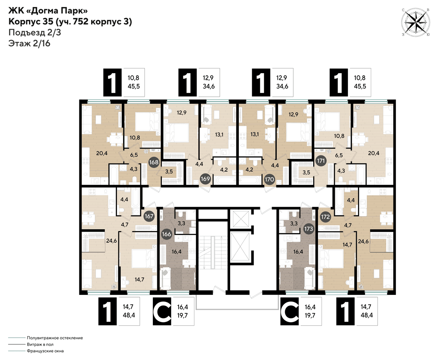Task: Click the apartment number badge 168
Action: pyautogui.click(x=154, y=162)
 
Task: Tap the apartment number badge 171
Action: pyautogui.click(x=321, y=161)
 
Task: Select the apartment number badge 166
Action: pyautogui.click(x=166, y=234)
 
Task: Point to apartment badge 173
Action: pyautogui.click(x=309, y=229)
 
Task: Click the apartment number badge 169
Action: pyautogui.click(x=205, y=179)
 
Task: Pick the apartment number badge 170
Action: pyautogui.click(x=269, y=179)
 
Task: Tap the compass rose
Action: pyautogui.click(x=415, y=22)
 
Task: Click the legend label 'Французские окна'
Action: pyautogui.click(x=45, y=351)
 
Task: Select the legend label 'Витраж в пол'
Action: pyautogui.click(x=40, y=344)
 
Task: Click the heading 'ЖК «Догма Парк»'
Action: pyautogui.click(x=48, y=11)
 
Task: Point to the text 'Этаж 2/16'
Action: pyautogui.click(x=29, y=43)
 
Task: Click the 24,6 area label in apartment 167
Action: pyautogui.click(x=111, y=241)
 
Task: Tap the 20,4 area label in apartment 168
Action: pyautogui.click(x=102, y=153)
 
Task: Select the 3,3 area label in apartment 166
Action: pyautogui.click(x=181, y=223)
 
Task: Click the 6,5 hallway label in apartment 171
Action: pyautogui.click(x=339, y=155)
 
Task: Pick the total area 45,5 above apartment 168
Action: pyautogui.click(x=134, y=86)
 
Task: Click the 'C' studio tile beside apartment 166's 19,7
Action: pyautogui.click(x=162, y=311)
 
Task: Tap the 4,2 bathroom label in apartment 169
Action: pyautogui.click(x=224, y=170)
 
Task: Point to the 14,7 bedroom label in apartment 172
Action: pyautogui.click(x=347, y=245)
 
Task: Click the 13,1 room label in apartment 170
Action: pyautogui.click(x=254, y=134)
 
